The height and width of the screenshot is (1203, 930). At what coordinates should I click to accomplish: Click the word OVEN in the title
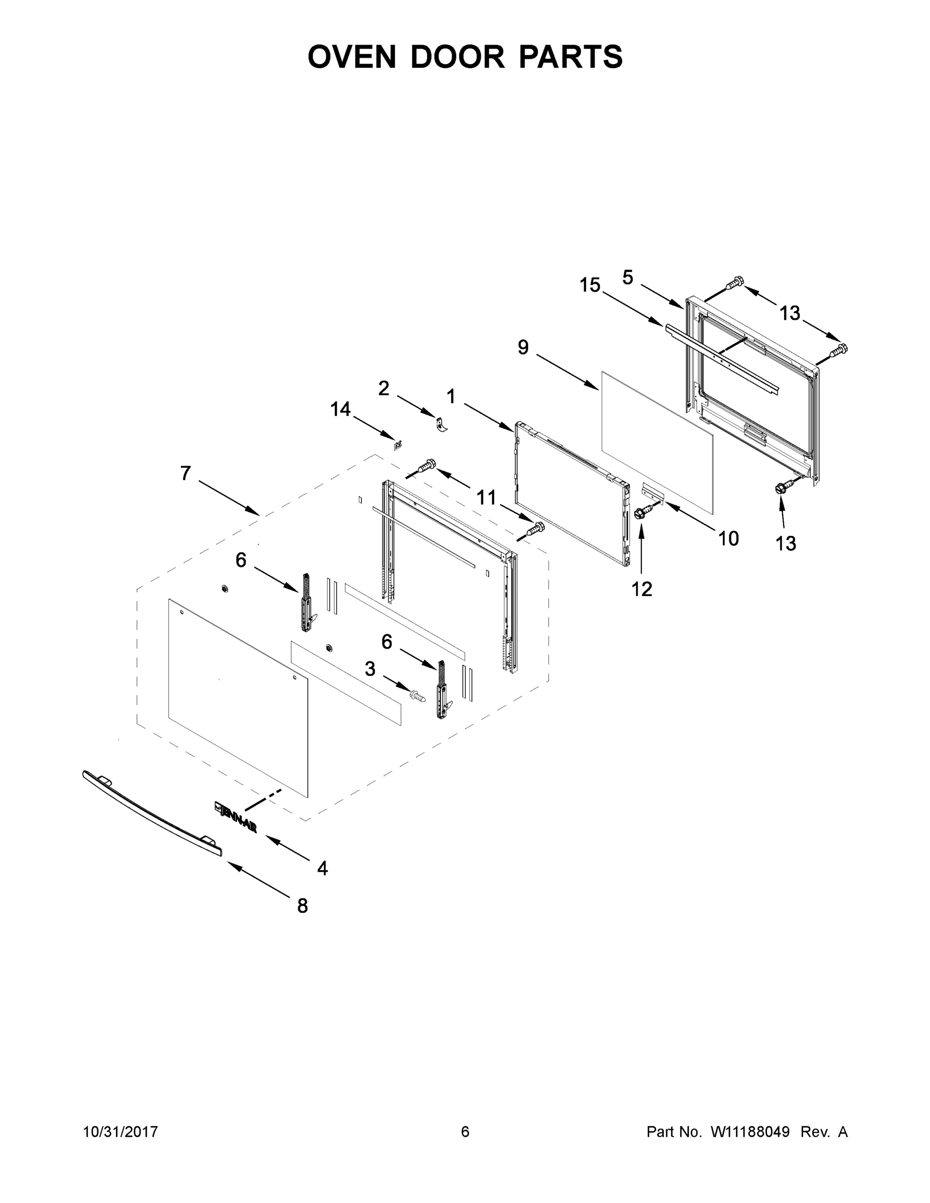pyautogui.click(x=351, y=57)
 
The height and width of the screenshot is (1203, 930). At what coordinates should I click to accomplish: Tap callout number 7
pyautogui.click(x=185, y=473)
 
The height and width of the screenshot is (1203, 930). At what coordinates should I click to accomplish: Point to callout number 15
pyautogui.click(x=590, y=285)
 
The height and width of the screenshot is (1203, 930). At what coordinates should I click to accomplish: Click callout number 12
pyautogui.click(x=642, y=589)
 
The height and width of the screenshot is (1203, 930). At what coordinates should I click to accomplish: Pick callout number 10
pyautogui.click(x=728, y=538)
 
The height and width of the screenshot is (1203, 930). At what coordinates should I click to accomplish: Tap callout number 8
pyautogui.click(x=302, y=906)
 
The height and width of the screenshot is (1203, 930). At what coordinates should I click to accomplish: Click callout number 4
pyautogui.click(x=322, y=868)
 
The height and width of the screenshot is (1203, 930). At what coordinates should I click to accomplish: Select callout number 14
pyautogui.click(x=340, y=409)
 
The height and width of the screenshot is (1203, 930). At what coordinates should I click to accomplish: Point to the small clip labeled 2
pyautogui.click(x=441, y=425)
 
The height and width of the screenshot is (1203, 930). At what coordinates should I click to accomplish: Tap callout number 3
pyautogui.click(x=370, y=669)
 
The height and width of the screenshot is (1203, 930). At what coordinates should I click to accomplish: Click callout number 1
pyautogui.click(x=451, y=396)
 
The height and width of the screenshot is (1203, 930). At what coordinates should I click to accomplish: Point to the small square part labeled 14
pyautogui.click(x=398, y=444)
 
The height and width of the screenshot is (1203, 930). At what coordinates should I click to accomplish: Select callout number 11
pyautogui.click(x=486, y=497)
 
